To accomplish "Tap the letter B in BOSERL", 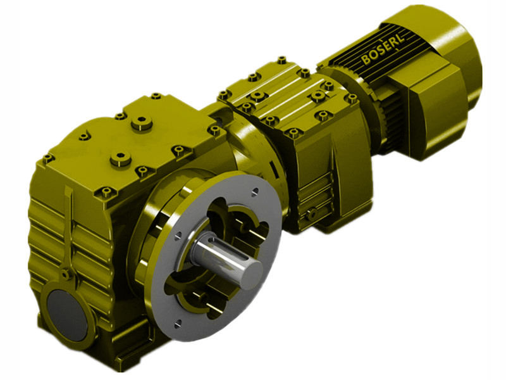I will pyautogui.click(x=366, y=61).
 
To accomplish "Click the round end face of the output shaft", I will pyautogui.click(x=251, y=269).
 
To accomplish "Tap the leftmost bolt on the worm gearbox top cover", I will pyautogui.click(x=48, y=158).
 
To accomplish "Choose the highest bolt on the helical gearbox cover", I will pyautogui.click(x=281, y=60).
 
